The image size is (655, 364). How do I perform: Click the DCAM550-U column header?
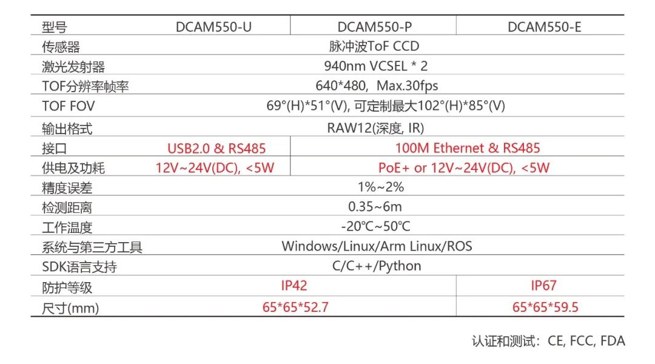click(x=213, y=27)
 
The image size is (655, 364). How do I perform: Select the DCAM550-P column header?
click(x=374, y=27)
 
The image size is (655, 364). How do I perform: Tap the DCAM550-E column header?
click(x=544, y=27)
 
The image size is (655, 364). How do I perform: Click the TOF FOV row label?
click(x=69, y=106)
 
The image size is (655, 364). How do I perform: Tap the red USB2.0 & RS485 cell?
click(x=217, y=148)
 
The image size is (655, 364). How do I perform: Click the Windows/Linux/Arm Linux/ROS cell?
click(x=377, y=246)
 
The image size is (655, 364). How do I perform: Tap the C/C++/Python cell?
click(x=377, y=266)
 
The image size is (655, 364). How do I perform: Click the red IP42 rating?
click(x=294, y=285)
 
